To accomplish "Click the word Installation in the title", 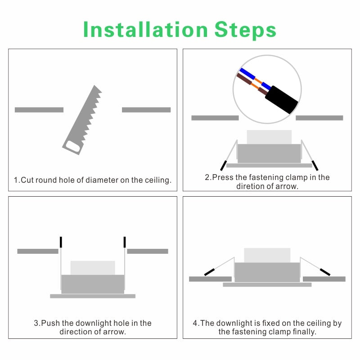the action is click(x=145, y=29).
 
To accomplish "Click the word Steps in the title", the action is click(x=245, y=30).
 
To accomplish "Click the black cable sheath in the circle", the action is click(x=282, y=100).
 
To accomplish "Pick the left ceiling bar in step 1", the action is click(x=39, y=110).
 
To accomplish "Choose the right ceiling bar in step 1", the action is click(x=146, y=110).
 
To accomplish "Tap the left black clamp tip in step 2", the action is click(x=223, y=166).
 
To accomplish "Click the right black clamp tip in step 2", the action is click(x=315, y=166).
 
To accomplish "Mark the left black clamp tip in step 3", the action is click(x=61, y=242).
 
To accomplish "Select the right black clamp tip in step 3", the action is click(x=125, y=242).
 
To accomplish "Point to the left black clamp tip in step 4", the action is click(x=209, y=272).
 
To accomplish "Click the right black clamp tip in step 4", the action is click(x=325, y=272).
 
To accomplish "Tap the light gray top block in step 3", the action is click(x=93, y=268).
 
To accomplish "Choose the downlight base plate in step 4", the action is click(x=267, y=285).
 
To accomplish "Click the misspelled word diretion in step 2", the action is click(x=251, y=186).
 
